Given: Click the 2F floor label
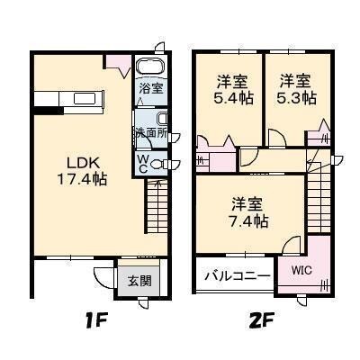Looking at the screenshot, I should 256,319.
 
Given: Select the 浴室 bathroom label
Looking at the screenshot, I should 150,88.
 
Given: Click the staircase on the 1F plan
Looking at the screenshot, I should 157,207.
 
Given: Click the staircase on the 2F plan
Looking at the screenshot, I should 319,203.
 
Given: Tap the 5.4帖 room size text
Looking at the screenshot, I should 229,97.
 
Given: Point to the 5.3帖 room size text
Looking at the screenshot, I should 296,97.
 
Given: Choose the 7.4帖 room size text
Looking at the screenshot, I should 249,218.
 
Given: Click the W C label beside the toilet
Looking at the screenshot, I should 142,161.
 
